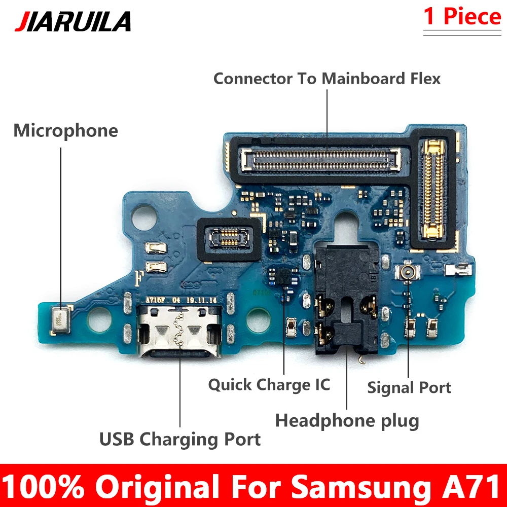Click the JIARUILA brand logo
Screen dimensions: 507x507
73,21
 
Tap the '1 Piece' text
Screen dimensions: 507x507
462,17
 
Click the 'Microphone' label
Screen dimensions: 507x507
65,131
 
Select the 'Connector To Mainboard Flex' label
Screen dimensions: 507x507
327,79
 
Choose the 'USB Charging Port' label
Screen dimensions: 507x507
180,439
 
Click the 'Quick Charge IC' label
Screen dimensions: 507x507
269,384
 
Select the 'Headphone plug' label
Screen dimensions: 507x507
347,420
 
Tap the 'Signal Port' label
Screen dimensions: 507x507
409,388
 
